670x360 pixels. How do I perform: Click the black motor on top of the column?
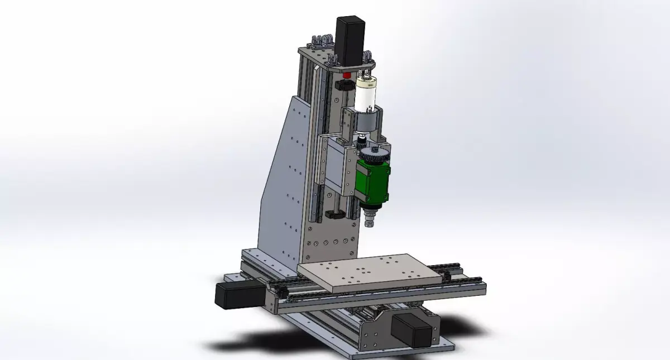tap(350, 40)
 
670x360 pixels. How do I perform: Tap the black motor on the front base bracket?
tap(412, 329)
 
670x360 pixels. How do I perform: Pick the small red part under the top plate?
tap(347, 75)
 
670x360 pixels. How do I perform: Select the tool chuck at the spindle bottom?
tap(368, 222)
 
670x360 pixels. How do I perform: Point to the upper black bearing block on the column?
tap(344, 85)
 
